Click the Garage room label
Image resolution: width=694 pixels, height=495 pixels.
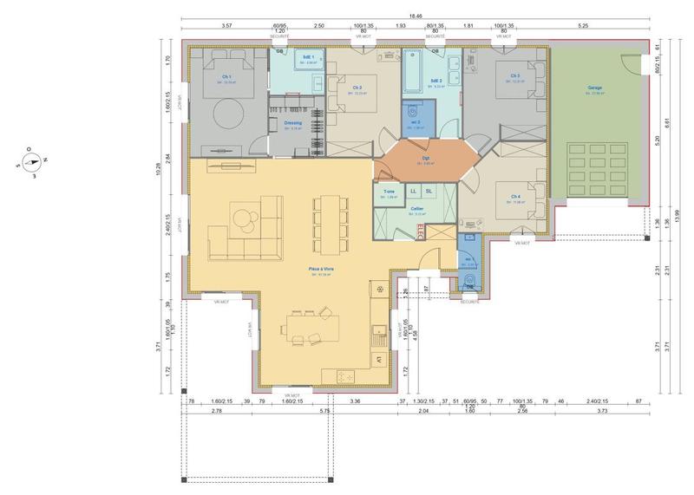pyautogui.click(x=594, y=88)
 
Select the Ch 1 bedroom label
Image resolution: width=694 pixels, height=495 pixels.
pyautogui.click(x=226, y=76)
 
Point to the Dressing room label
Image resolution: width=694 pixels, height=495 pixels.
pyautogui.click(x=292, y=123)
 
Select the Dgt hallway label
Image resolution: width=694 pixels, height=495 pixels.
pyautogui.click(x=426, y=160)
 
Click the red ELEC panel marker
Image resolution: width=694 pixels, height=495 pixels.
pyautogui.click(x=422, y=230)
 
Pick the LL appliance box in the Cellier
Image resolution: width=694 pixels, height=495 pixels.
pyautogui.click(x=413, y=191)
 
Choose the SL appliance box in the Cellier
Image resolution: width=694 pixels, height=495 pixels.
pyautogui.click(x=429, y=191)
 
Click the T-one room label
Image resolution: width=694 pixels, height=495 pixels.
pyautogui.click(x=389, y=192)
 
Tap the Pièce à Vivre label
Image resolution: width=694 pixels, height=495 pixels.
pyautogui.click(x=321, y=270)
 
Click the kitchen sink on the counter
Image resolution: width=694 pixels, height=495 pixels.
pyautogui.click(x=378, y=329)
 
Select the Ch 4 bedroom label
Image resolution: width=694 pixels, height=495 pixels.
pyautogui.click(x=516, y=197)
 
